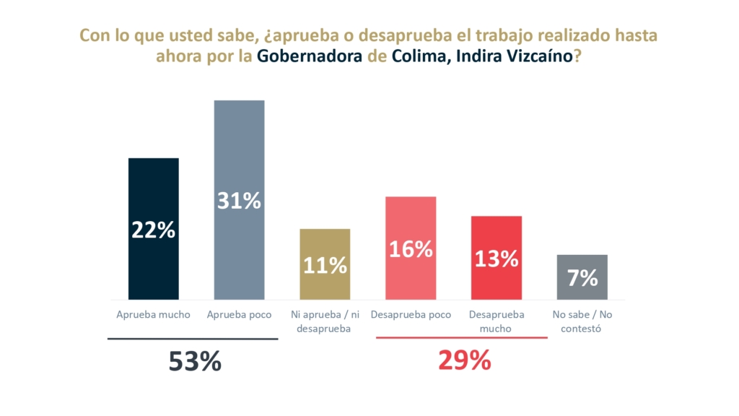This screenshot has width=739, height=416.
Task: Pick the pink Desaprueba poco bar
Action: (x=411, y=217)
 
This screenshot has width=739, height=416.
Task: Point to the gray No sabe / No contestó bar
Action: (x=582, y=285)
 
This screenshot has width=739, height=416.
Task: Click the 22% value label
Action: (x=153, y=230)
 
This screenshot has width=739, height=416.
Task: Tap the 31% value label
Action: (x=239, y=201)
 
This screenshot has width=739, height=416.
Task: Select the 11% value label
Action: (x=325, y=265)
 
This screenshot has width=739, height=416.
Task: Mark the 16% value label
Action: (x=411, y=249)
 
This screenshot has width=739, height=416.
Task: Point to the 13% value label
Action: (x=497, y=259)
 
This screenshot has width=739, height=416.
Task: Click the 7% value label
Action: (x=582, y=277)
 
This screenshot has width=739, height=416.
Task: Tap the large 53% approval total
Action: (x=195, y=362)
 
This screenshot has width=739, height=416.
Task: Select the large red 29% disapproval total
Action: (x=465, y=360)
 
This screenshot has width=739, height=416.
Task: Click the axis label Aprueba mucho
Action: (x=153, y=315)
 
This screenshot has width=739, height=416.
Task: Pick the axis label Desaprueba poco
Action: (x=411, y=315)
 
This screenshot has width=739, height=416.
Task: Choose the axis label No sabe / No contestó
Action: (x=582, y=321)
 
